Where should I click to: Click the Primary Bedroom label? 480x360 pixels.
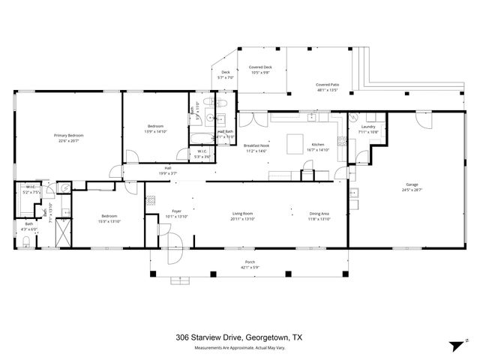[68, 135]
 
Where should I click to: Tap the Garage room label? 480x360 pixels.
[412, 184]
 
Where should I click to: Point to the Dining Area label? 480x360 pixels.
[319, 214]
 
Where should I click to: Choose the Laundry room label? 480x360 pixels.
[367, 127]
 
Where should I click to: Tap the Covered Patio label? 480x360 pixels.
[328, 85]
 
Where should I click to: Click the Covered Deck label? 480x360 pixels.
[261, 67]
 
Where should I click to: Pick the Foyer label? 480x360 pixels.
[177, 211]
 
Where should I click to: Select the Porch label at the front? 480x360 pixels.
[249, 262]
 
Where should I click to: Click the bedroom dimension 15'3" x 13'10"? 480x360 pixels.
[109, 221]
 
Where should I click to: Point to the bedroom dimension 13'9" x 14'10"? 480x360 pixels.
[156, 130]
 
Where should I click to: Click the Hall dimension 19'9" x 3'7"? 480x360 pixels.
[168, 172]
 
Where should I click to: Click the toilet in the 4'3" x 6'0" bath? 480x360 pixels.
[26, 241]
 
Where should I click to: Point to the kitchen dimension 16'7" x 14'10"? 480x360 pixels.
[318, 149]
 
